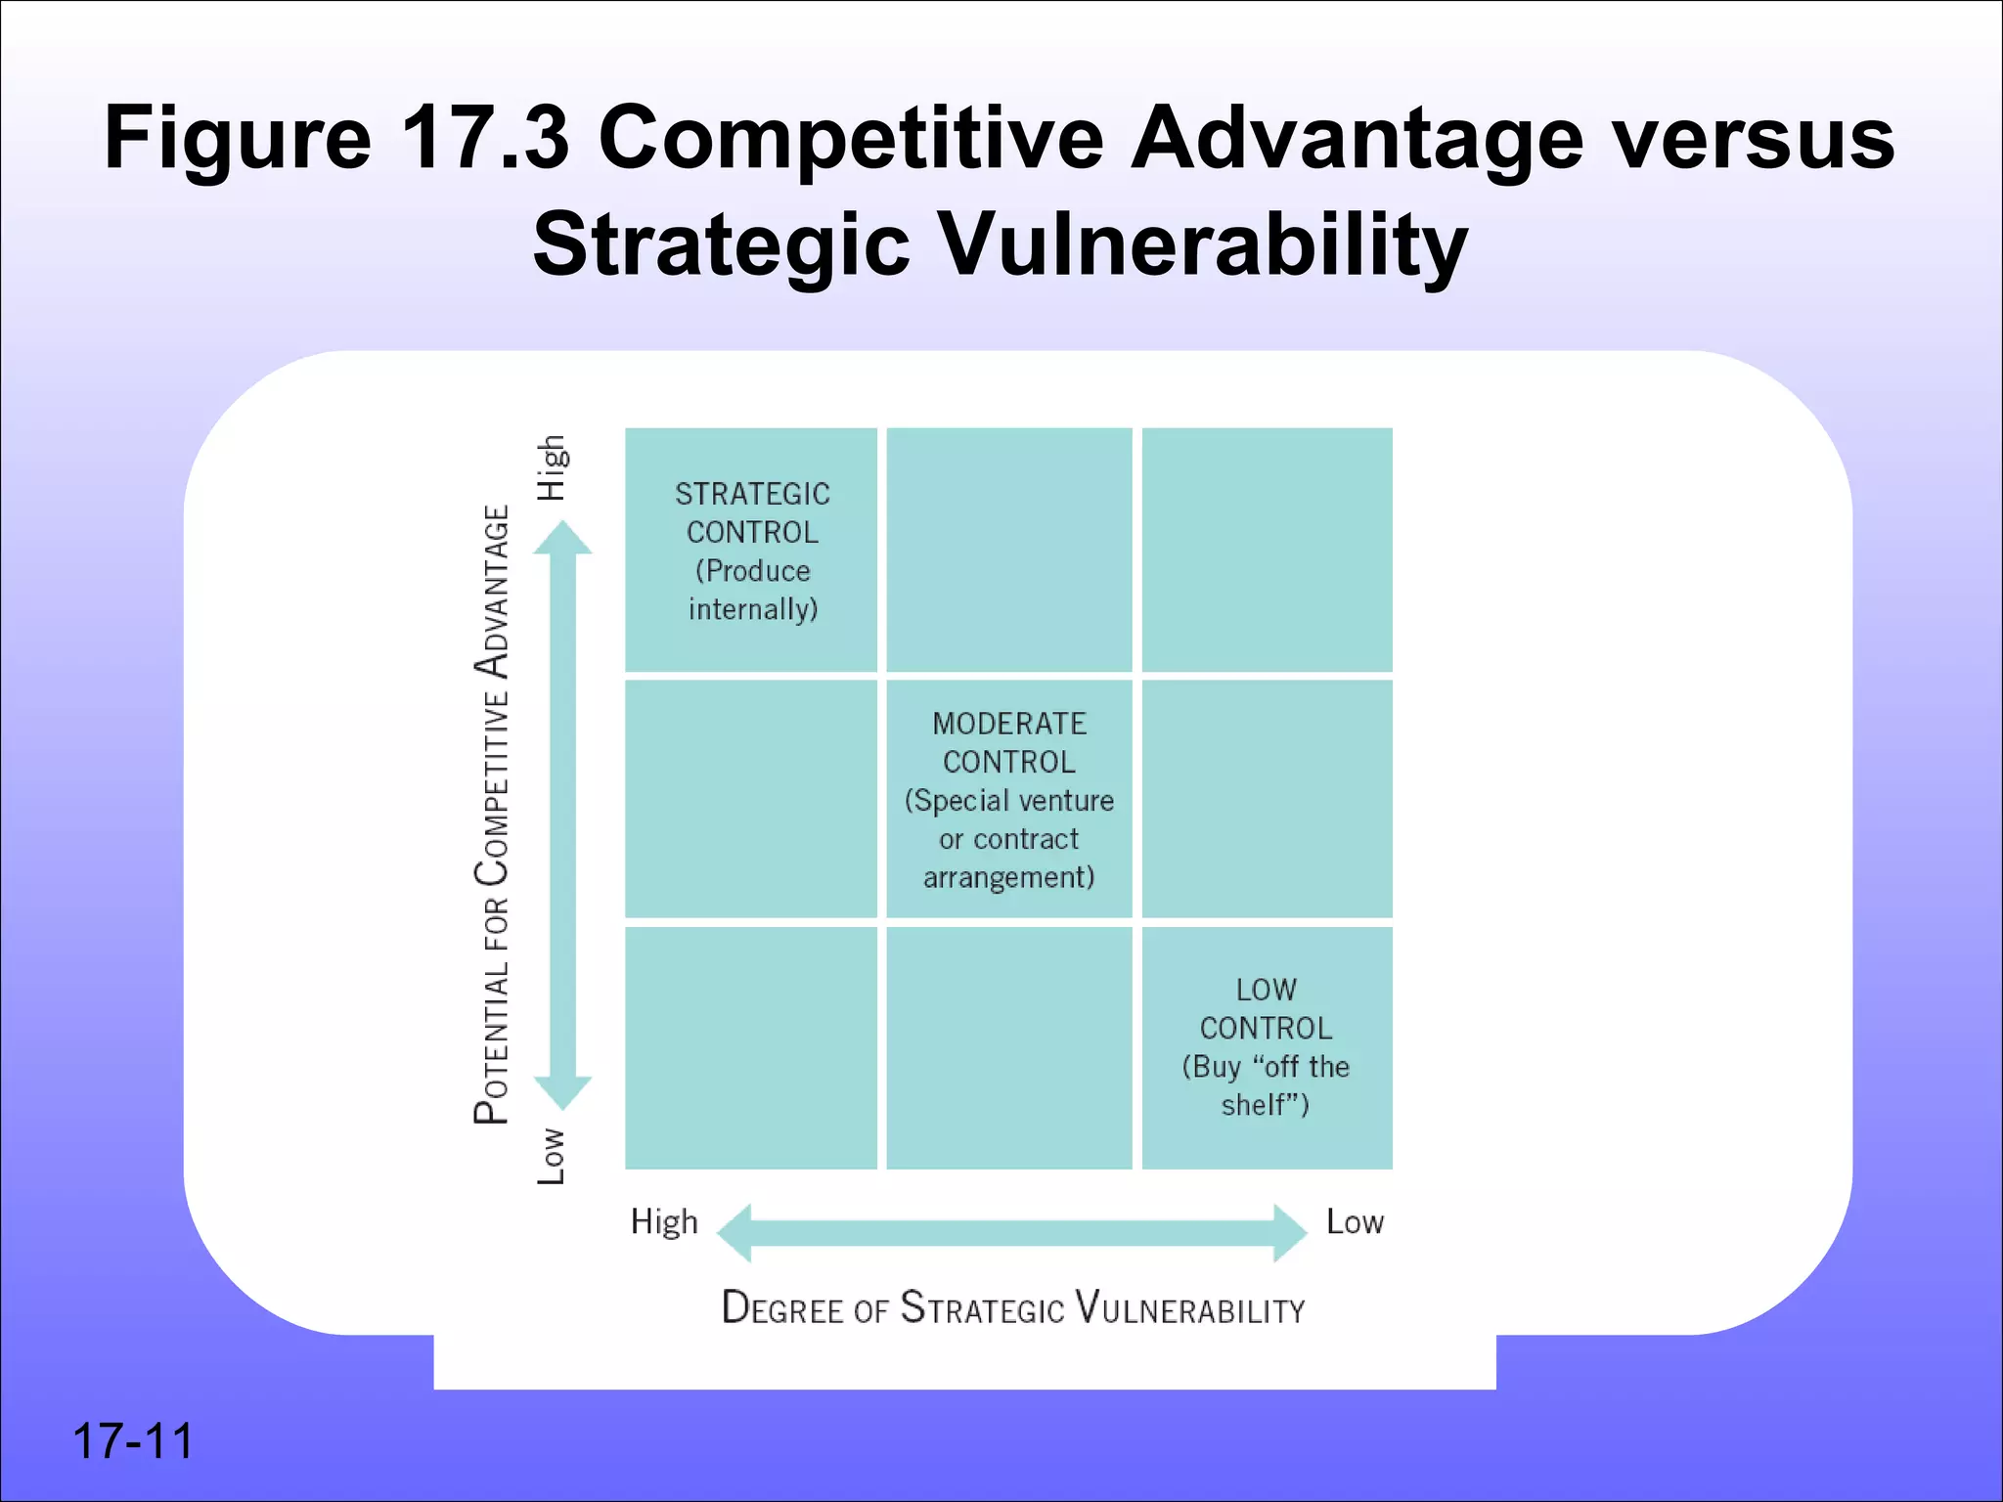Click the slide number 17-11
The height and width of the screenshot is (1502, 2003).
tap(133, 1441)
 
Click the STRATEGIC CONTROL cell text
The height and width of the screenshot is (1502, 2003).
tap(752, 512)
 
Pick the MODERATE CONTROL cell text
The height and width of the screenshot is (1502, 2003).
tap(1008, 742)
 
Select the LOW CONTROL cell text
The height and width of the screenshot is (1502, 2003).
tap(1266, 1009)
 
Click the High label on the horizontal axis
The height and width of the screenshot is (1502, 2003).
tap(664, 1222)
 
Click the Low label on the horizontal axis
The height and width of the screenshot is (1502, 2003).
tap(1355, 1222)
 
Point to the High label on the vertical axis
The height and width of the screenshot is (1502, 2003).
tap(552, 467)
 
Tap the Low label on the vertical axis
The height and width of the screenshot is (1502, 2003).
tap(552, 1156)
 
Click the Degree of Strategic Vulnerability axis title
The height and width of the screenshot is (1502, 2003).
tap(1013, 1308)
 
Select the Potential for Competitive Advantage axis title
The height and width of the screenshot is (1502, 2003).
tap(492, 814)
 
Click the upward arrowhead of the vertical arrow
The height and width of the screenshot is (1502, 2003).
tap(562, 537)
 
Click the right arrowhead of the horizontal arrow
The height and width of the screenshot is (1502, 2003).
tap(1290, 1232)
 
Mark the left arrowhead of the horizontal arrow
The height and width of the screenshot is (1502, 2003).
tap(734, 1232)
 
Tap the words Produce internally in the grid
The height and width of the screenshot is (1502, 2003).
tap(752, 590)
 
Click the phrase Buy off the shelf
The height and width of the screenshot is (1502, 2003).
tap(1266, 1085)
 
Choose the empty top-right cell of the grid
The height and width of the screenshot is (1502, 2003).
tap(1267, 550)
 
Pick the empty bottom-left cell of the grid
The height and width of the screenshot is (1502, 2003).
tap(751, 1047)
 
